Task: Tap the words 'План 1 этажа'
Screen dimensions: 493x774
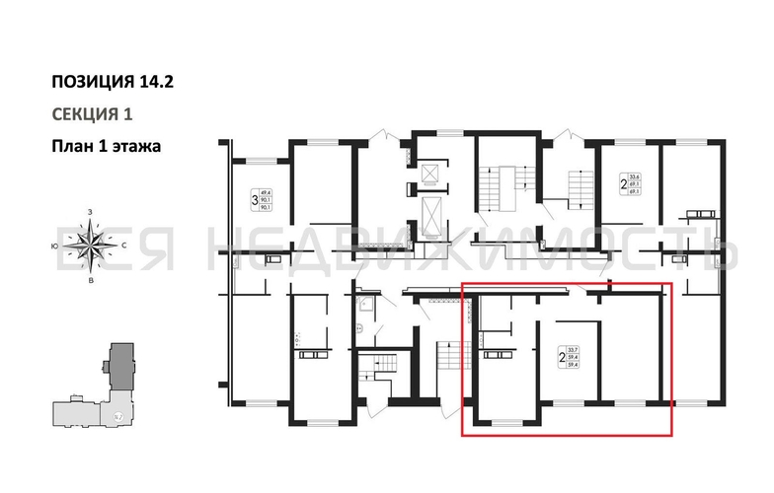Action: pos(106,146)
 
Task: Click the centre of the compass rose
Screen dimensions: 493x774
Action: pos(92,243)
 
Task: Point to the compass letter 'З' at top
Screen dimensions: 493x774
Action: pos(90,212)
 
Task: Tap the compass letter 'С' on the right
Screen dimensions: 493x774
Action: pos(125,243)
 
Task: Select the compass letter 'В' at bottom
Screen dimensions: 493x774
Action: pos(91,279)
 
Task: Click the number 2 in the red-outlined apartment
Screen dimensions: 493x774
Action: pos(562,360)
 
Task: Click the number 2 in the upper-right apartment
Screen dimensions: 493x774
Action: pos(623,183)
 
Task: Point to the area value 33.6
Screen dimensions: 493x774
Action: pos(634,176)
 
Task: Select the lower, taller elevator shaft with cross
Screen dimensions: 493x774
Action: pos(431,213)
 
